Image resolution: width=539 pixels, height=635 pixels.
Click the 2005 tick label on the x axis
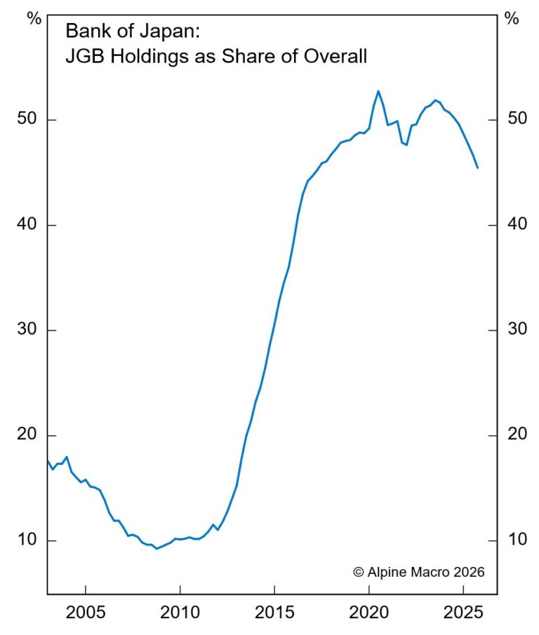tap(85, 613)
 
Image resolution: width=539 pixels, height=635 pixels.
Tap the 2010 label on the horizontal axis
tap(180, 613)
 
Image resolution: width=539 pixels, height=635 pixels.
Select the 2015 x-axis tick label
tap(274, 613)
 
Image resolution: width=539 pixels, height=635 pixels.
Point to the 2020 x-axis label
tap(369, 613)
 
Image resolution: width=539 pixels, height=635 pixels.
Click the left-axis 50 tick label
tap(27, 120)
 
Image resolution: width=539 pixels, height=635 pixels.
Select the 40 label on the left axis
tap(27, 225)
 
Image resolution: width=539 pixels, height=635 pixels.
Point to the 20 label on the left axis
tap(27, 435)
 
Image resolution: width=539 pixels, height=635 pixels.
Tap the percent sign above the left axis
tap(34, 19)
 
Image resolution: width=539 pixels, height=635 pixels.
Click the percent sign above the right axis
tap(512, 19)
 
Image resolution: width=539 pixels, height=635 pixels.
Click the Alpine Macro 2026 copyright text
tap(418, 572)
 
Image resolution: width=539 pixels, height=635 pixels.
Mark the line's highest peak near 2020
tap(378, 90)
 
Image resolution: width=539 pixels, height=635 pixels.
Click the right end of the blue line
tap(478, 168)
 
